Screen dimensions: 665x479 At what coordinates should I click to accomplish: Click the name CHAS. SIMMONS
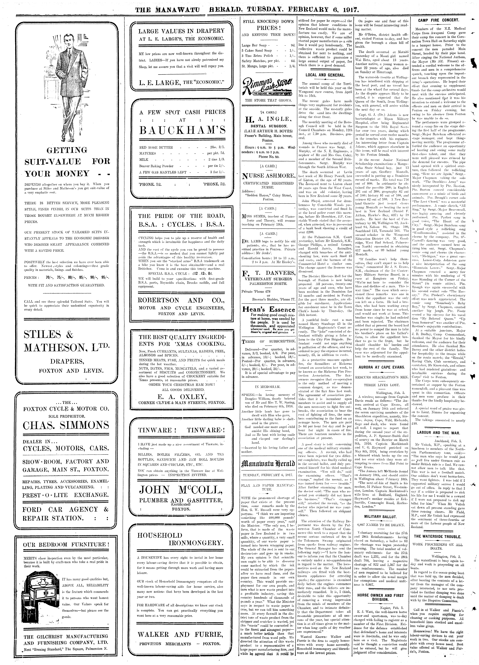click(66, 425)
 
